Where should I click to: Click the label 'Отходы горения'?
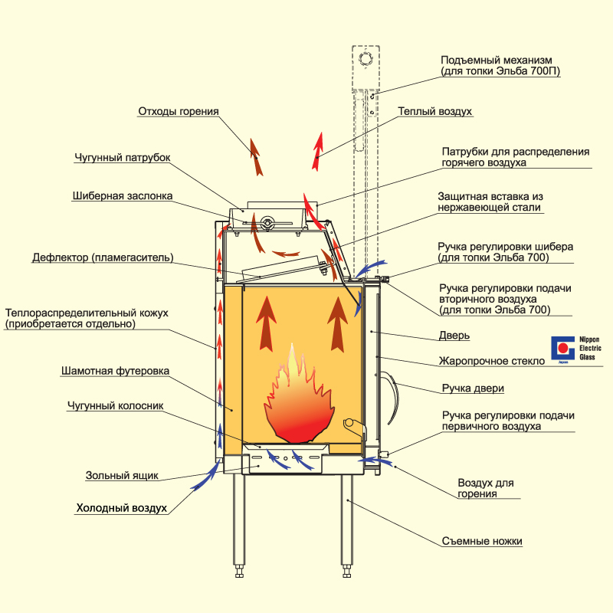point(178,111)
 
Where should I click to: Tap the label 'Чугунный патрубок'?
point(122,158)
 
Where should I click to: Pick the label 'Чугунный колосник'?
point(115,406)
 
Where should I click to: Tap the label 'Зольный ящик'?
point(122,475)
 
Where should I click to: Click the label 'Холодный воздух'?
point(121,508)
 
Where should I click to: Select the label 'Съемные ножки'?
point(482,541)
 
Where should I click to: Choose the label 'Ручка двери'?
point(473,388)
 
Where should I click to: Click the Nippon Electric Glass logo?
point(563,351)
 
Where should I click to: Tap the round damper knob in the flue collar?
point(267,224)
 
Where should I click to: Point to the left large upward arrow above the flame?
point(266,322)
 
